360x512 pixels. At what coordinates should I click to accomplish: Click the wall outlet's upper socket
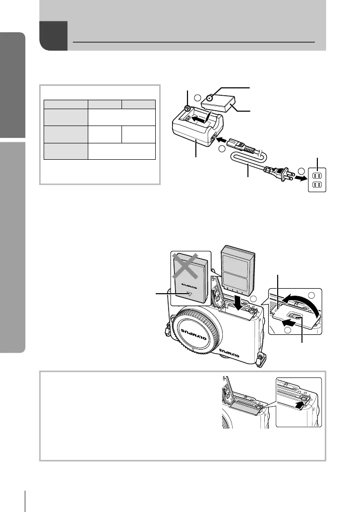coord(319,174)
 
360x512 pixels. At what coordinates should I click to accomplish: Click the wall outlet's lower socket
coord(319,186)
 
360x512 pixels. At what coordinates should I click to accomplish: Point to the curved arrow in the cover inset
coord(302,304)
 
